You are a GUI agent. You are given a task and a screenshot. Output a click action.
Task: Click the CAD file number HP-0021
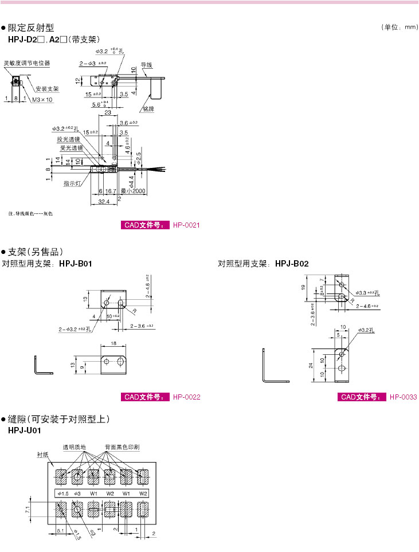point(186,225)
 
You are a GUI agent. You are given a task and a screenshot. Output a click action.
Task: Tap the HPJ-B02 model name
point(292,264)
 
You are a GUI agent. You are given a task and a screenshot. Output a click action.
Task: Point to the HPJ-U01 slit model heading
point(24,430)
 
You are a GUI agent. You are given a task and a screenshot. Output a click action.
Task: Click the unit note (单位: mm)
point(399,28)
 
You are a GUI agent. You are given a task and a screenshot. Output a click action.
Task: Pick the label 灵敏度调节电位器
point(27,63)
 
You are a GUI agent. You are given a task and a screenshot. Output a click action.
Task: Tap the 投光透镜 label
point(69,139)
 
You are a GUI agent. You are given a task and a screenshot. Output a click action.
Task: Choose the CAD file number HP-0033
point(403,397)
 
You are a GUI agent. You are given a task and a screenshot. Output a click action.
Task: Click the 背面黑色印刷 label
point(122,446)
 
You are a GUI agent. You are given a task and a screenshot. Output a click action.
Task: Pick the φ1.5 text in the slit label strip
point(62,494)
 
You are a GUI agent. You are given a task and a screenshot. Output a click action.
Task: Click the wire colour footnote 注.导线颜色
point(30,214)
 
